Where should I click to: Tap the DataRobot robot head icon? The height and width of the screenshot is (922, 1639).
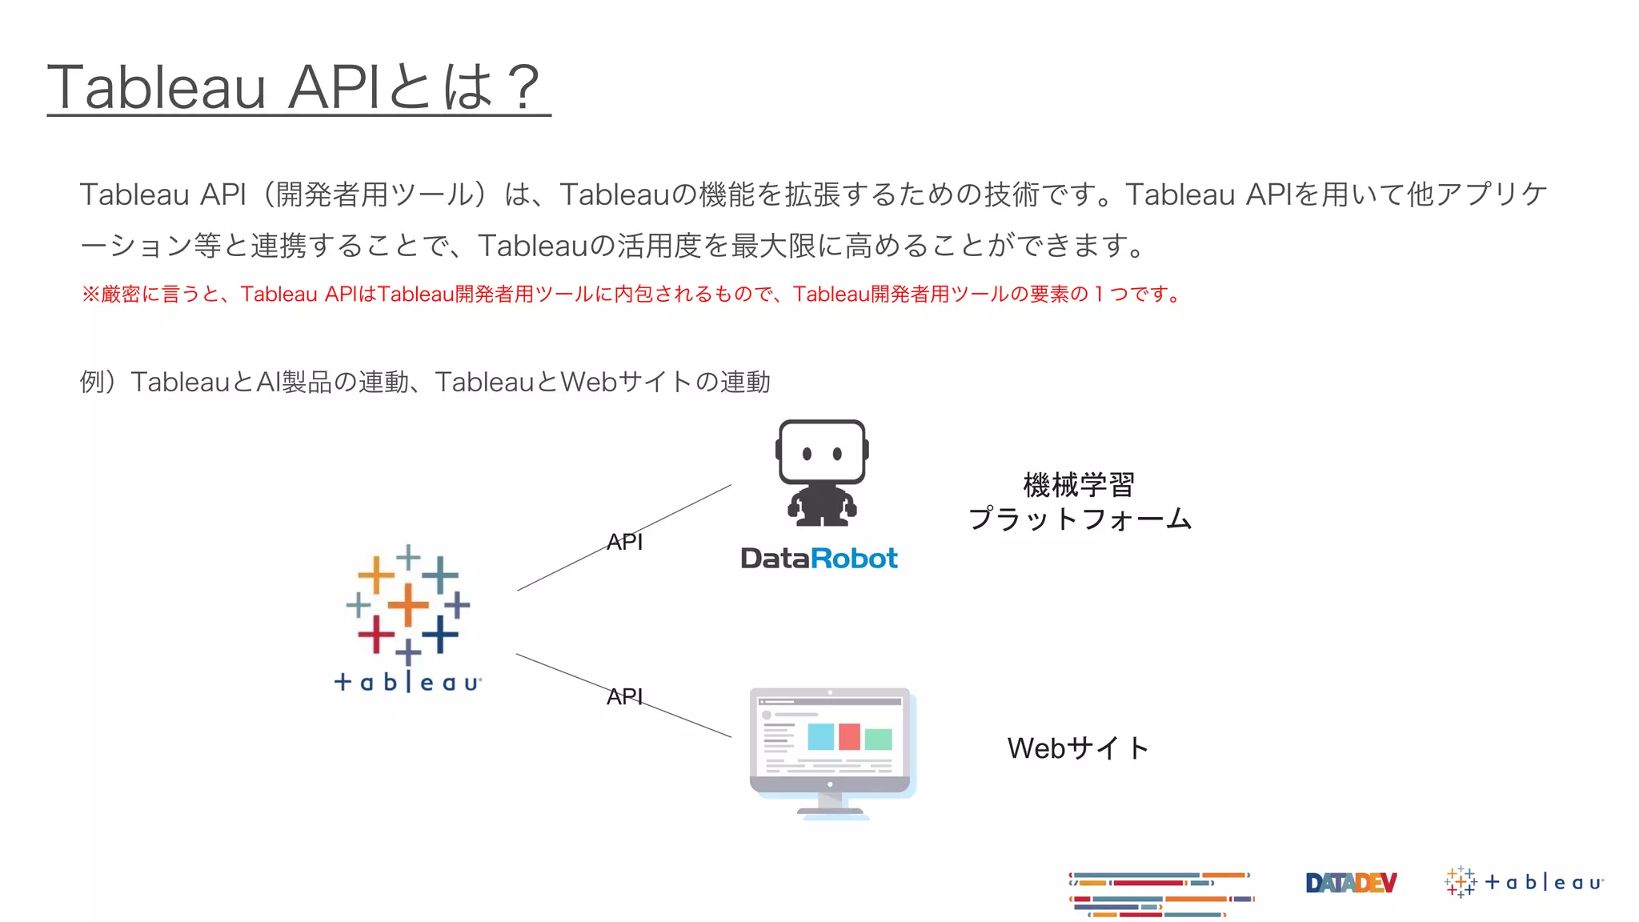[x=822, y=452]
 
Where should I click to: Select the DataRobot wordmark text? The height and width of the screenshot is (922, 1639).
[x=819, y=558]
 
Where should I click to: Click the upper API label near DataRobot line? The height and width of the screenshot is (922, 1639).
[x=624, y=542]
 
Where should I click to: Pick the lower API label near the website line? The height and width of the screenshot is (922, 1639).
[x=624, y=696]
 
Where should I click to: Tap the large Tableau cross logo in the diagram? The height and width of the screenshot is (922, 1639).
[x=408, y=604]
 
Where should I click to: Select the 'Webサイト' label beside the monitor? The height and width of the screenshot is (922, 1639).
[x=1078, y=748]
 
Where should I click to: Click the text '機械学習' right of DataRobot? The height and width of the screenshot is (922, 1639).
[x=1079, y=484]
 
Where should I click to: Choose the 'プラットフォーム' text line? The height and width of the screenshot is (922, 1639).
[x=1080, y=519]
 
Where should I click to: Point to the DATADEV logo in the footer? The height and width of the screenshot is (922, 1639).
[x=1351, y=883]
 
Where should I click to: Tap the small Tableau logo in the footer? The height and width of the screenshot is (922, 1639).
[x=1524, y=882]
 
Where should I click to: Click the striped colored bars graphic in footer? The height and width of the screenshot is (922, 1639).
[x=1160, y=894]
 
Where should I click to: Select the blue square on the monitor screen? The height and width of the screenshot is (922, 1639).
[x=821, y=736]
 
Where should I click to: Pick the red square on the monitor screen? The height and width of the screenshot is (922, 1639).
[x=849, y=736]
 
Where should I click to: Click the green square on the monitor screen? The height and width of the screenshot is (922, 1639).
[x=878, y=739]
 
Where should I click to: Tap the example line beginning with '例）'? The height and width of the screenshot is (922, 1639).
[x=425, y=382]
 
